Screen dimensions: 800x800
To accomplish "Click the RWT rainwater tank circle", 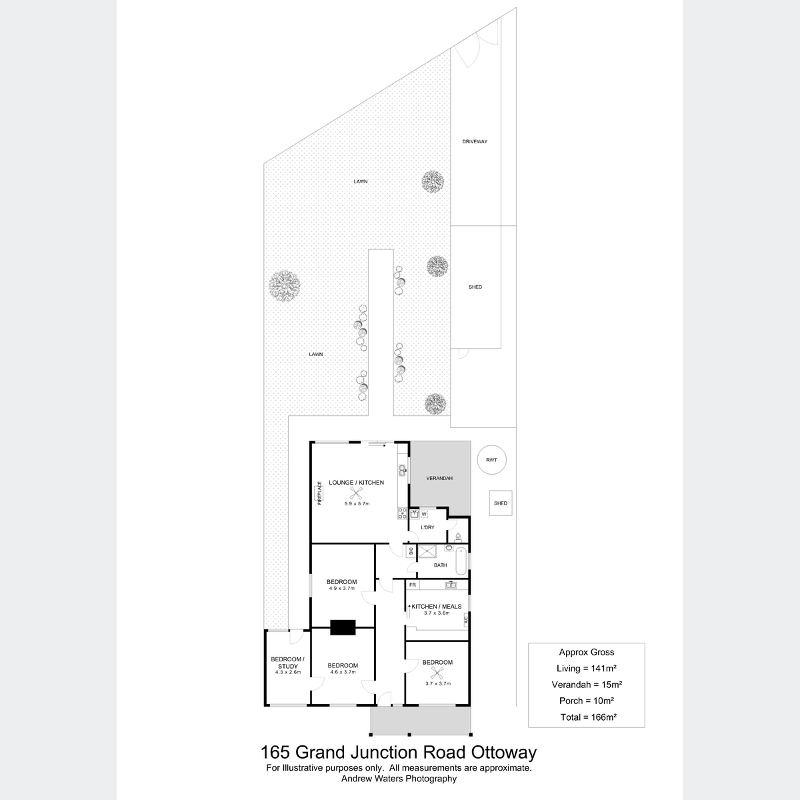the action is [x=491, y=459].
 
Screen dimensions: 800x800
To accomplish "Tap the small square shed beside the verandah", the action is [x=501, y=503].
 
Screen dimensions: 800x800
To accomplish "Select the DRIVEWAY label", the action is [x=475, y=141].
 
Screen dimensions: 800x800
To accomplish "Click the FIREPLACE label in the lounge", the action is [x=320, y=493].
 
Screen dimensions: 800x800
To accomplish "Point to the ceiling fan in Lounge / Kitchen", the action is [x=356, y=493].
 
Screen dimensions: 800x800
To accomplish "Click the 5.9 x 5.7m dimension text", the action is [x=357, y=503].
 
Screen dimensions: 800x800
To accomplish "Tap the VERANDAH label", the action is [x=439, y=478].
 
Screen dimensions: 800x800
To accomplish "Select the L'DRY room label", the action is [x=427, y=527].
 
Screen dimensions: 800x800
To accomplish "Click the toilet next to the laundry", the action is [x=458, y=537].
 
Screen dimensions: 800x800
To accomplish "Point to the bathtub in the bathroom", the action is [x=461, y=561].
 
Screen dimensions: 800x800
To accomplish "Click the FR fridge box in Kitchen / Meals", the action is [x=413, y=585].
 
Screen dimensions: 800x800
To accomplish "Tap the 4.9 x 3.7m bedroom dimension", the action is [x=342, y=588].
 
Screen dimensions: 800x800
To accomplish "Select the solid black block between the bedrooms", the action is [x=343, y=627].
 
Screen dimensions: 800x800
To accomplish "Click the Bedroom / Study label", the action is [x=288, y=662].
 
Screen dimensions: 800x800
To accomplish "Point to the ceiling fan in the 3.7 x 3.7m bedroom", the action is [x=436, y=673].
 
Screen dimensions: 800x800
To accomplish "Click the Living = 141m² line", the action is [x=586, y=669].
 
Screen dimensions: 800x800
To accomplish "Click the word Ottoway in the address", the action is [x=503, y=752].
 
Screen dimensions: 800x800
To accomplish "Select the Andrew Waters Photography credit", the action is [x=399, y=779].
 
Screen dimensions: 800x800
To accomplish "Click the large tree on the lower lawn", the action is [x=284, y=285].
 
